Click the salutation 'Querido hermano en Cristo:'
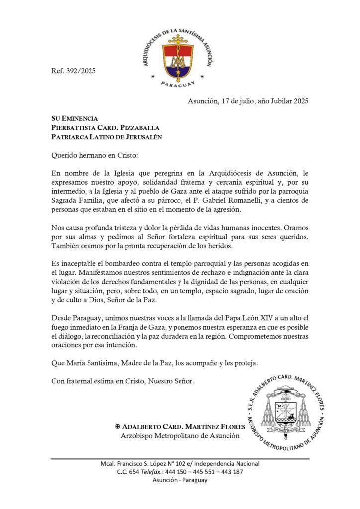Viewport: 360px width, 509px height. (93, 154)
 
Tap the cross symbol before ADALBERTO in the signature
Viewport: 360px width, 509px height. (118, 427)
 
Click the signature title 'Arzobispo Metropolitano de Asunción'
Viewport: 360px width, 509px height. (180, 436)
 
